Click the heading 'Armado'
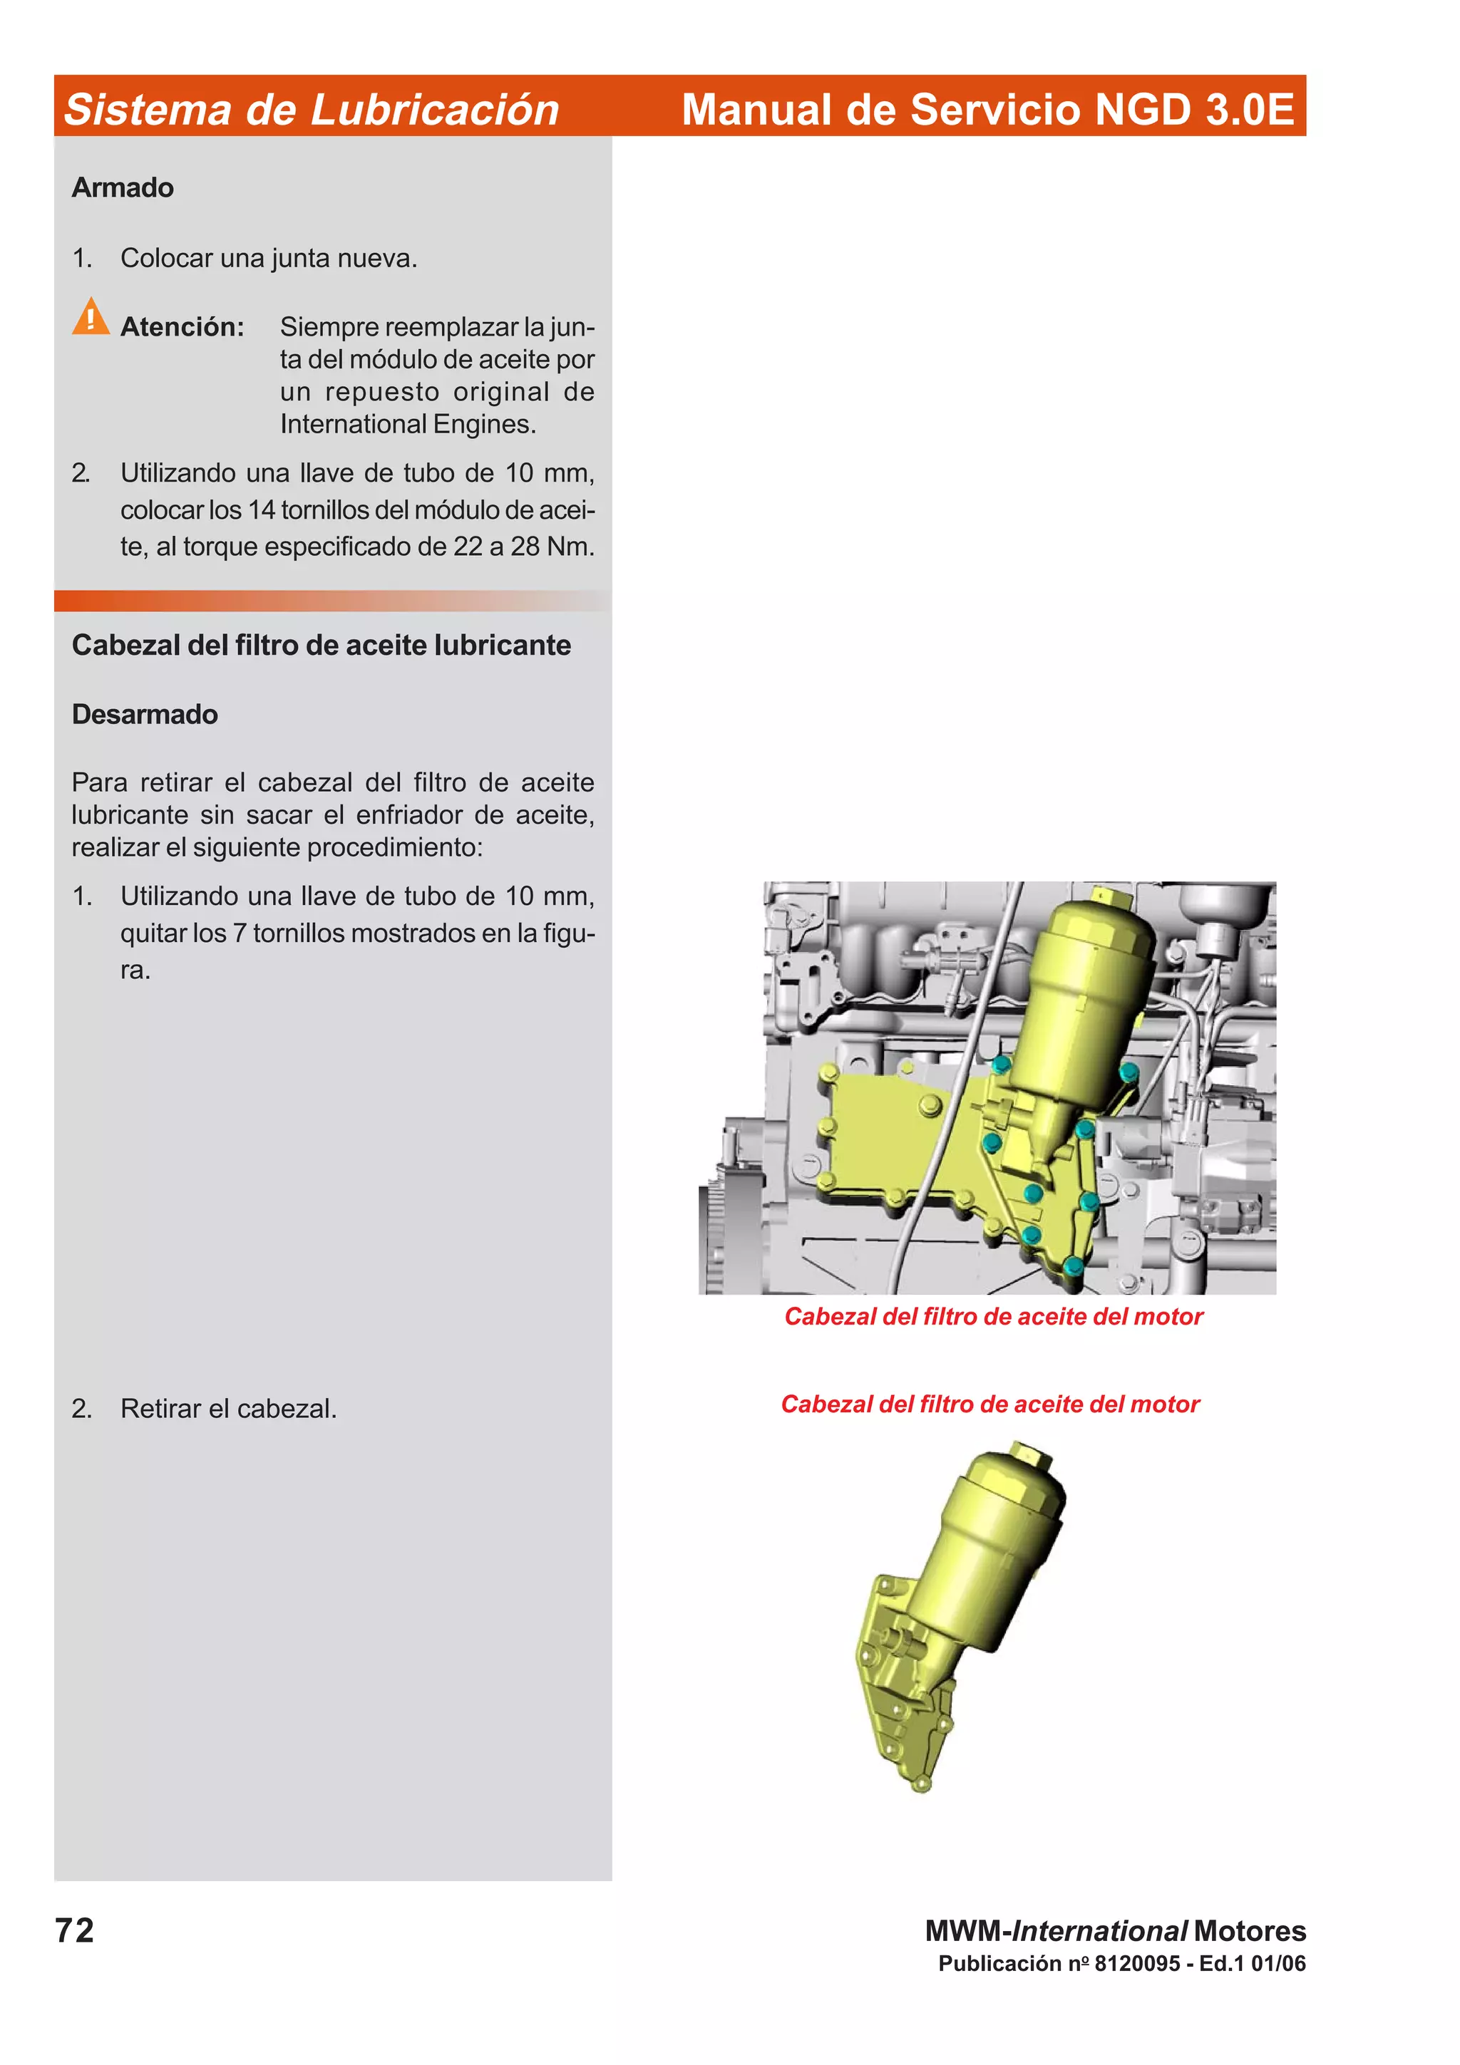coord(123,188)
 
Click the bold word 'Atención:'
coord(182,326)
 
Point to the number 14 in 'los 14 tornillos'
coord(262,510)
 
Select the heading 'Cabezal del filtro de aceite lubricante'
coord(321,645)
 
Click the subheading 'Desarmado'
coord(145,714)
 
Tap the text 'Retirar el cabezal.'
coord(229,1409)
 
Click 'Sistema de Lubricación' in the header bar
coord(312,109)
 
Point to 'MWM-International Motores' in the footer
coord(1116,1930)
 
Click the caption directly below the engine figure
coord(993,1317)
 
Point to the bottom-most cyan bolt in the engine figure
coord(1072,1266)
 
